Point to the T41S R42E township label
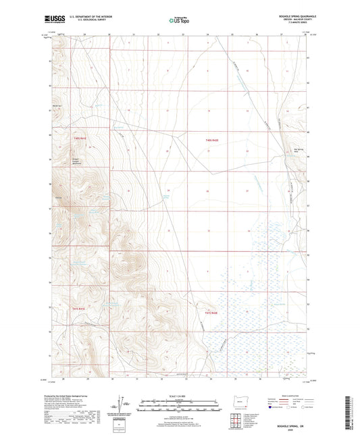212,313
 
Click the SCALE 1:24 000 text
179,396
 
